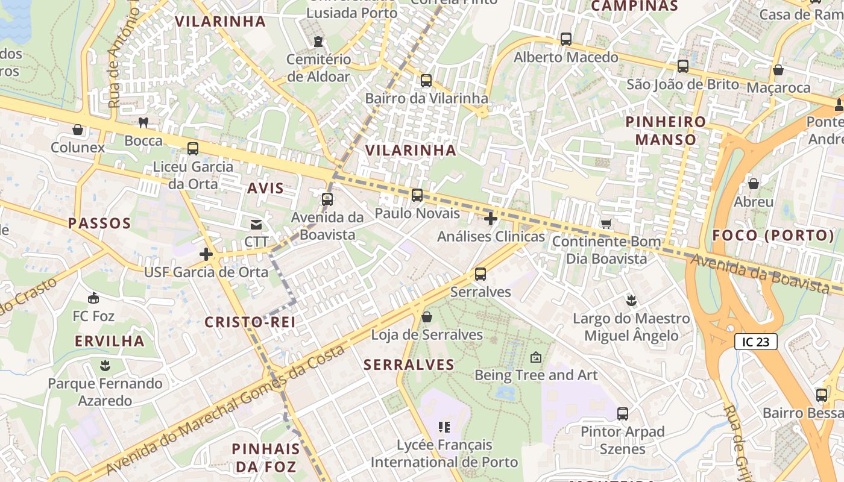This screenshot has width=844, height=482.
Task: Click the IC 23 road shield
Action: (755, 342)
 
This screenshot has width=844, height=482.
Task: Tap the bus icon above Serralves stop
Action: (480, 274)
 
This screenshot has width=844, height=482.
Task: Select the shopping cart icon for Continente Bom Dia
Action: (606, 224)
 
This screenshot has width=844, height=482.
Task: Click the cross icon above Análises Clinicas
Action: (491, 219)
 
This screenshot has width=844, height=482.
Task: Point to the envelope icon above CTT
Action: (256, 225)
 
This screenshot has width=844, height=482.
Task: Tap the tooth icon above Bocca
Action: (143, 123)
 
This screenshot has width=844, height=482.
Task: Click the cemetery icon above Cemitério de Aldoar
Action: (318, 42)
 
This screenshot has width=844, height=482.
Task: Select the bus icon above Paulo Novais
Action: (417, 195)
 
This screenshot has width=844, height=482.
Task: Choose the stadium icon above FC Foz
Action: (93, 298)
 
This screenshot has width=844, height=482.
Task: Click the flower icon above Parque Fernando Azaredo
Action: (105, 366)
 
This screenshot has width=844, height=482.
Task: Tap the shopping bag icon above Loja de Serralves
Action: (427, 317)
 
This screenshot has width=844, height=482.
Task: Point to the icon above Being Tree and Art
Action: (535, 358)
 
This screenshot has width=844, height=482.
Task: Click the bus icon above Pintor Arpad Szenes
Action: (623, 414)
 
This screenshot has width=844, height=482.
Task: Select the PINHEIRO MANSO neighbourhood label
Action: (666, 131)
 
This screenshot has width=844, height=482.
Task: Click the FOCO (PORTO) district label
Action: (773, 236)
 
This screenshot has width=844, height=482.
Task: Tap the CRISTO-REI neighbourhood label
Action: (250, 322)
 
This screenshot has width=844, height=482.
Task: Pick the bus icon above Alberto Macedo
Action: (565, 39)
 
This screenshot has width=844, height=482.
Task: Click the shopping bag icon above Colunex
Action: (78, 130)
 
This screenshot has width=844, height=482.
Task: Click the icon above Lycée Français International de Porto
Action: (444, 428)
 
